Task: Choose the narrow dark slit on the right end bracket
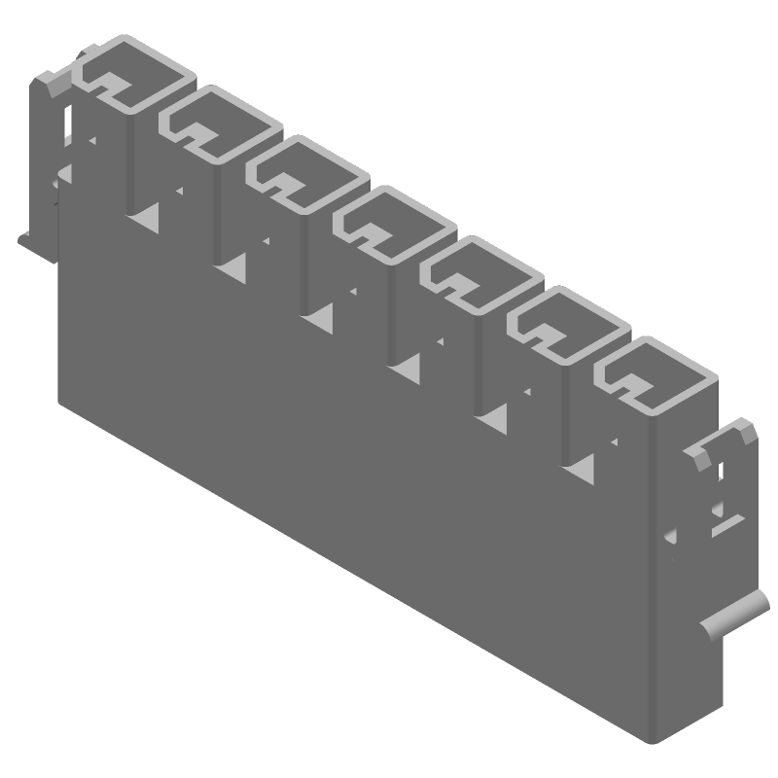click(x=721, y=474)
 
